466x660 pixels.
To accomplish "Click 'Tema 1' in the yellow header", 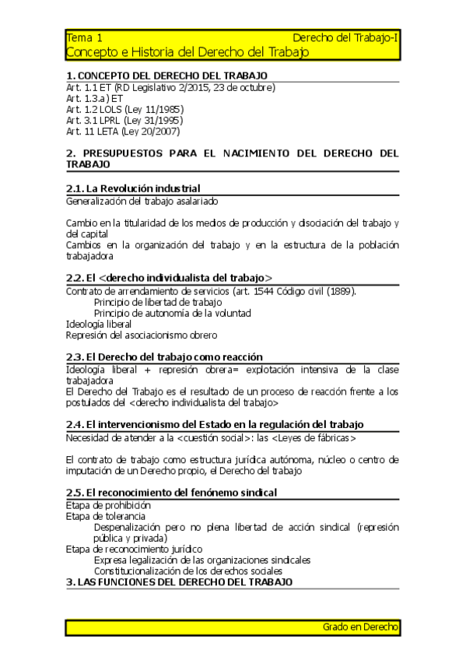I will pyautogui.click(x=84, y=37).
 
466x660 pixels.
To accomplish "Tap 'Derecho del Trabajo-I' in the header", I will pyautogui.click(x=346, y=37).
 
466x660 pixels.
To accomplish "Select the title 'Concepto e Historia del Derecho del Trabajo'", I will pyautogui.click(x=187, y=52).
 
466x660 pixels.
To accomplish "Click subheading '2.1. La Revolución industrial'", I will pyautogui.click(x=133, y=188).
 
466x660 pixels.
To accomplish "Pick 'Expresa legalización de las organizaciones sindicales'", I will pyautogui.click(x=202, y=559).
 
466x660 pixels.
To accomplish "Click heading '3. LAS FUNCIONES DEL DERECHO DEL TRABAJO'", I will pyautogui.click(x=179, y=581).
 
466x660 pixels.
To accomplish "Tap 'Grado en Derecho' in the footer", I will pyautogui.click(x=360, y=627).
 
